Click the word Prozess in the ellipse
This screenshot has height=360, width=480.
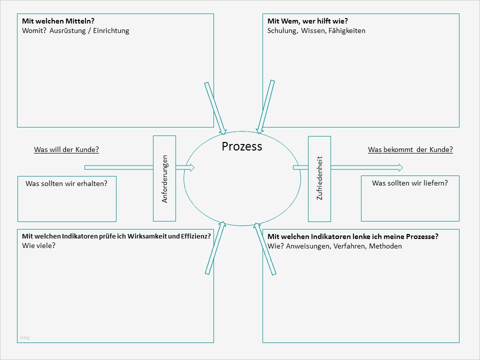(x=241, y=146)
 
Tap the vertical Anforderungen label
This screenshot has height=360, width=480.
(x=165, y=179)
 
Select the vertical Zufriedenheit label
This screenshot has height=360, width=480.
(x=319, y=178)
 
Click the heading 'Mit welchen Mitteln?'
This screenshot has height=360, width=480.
(x=58, y=21)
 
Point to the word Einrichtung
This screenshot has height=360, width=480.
(x=111, y=30)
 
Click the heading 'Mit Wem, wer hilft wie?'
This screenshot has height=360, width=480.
(x=307, y=21)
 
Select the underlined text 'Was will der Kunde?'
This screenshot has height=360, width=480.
(x=66, y=149)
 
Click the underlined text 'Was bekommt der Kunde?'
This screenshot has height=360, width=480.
(x=410, y=149)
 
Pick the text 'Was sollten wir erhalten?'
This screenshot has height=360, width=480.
(x=66, y=183)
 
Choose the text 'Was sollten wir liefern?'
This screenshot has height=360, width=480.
(x=409, y=183)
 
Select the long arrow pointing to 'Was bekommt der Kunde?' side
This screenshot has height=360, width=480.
(x=366, y=167)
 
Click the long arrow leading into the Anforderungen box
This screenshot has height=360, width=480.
(x=118, y=167)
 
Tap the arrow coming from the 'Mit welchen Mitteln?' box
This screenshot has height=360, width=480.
(x=215, y=108)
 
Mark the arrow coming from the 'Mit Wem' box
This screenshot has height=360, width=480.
(x=265, y=107)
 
